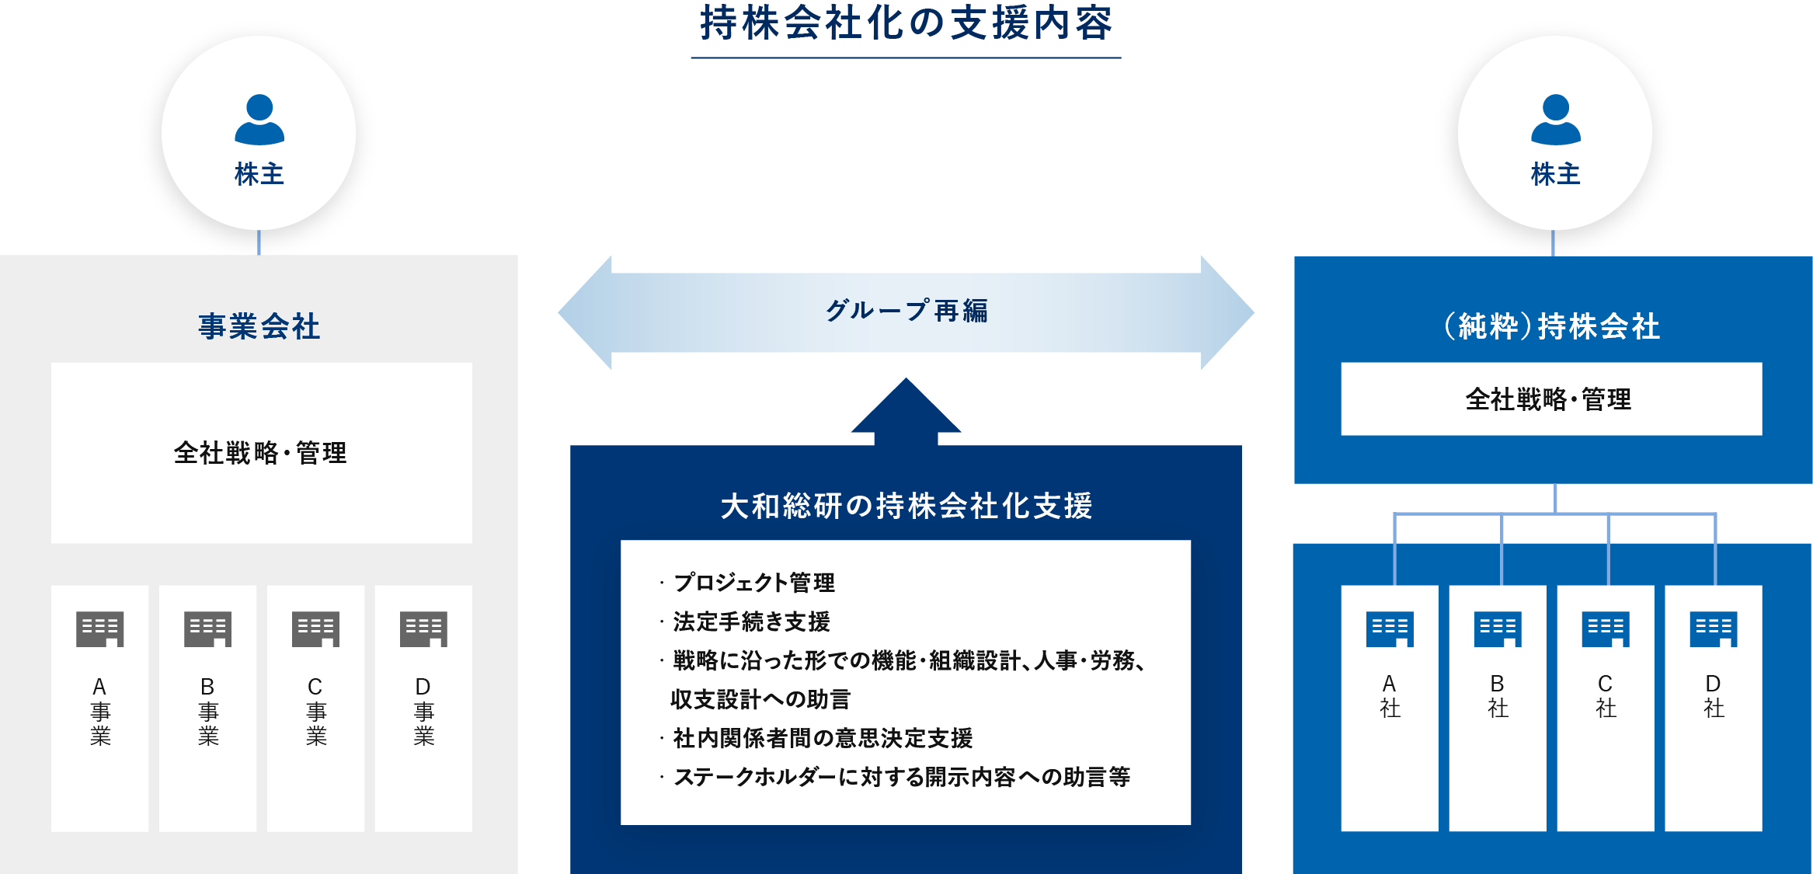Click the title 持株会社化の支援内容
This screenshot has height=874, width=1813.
[x=906, y=23]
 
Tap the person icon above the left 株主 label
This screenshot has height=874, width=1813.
[x=259, y=120]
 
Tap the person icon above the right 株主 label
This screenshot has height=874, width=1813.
[x=1556, y=120]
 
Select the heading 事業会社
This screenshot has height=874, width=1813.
[x=259, y=326]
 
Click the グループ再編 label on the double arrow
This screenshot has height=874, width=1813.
[x=906, y=311]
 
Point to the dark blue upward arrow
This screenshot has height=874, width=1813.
[x=906, y=411]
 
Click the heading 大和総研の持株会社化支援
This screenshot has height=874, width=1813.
[x=906, y=506]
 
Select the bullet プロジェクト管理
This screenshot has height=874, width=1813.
[x=753, y=583]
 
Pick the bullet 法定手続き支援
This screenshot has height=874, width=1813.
[x=751, y=622]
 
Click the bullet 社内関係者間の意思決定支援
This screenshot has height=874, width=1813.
[x=823, y=738]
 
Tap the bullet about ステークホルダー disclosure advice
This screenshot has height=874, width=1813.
[x=902, y=777]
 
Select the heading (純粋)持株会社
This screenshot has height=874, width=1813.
[x=1553, y=326]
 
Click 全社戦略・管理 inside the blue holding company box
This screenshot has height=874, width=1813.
[x=1549, y=399]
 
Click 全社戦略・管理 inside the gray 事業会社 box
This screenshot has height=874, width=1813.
[x=260, y=453]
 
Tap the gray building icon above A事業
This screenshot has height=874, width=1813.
[x=100, y=629]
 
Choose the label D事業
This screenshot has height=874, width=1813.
[x=423, y=712]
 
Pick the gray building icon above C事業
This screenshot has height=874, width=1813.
[x=316, y=629]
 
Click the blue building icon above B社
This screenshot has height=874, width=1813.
[x=1498, y=629]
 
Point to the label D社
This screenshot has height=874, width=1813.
[x=1714, y=696]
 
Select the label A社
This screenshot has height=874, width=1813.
[x=1390, y=696]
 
